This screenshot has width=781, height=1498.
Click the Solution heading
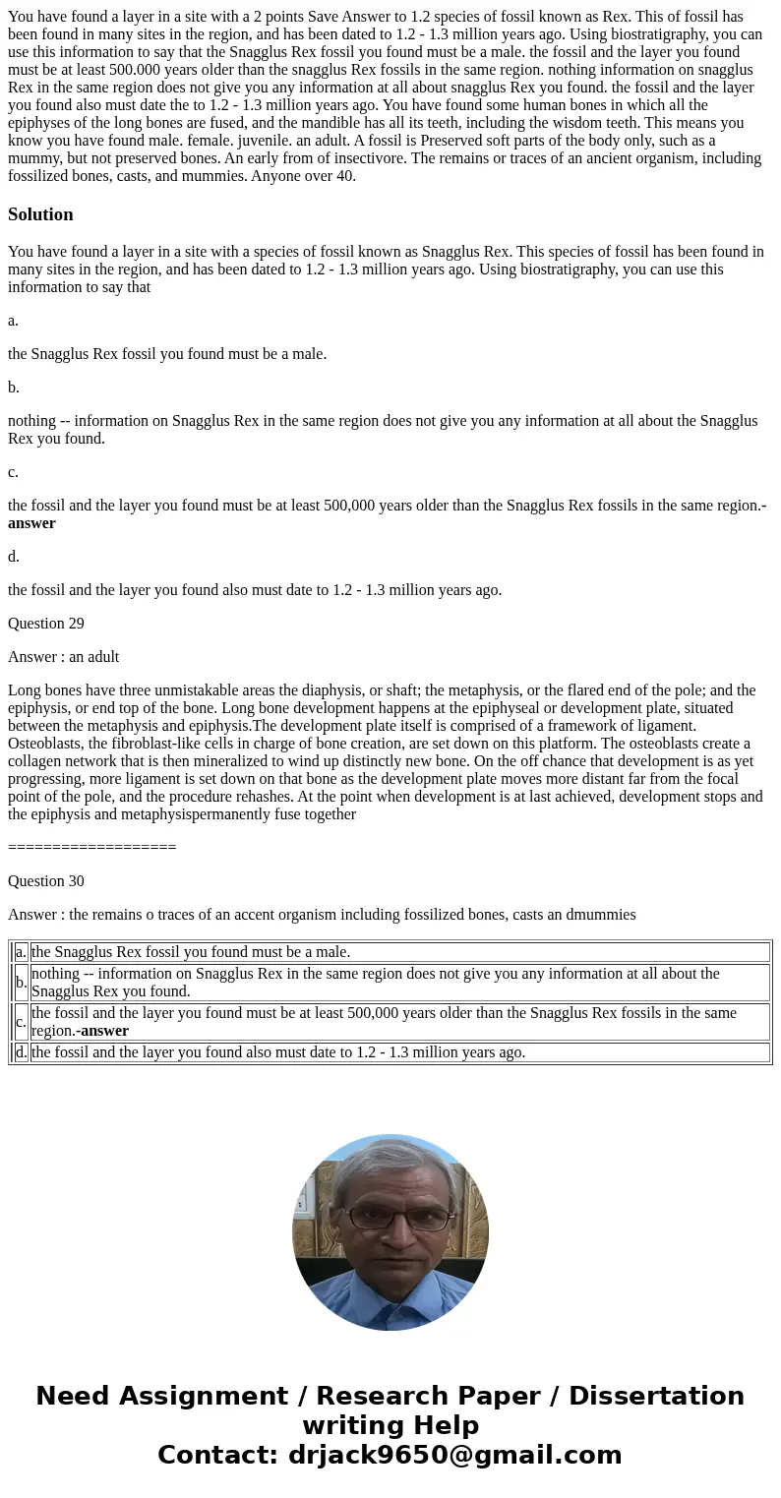coord(40,214)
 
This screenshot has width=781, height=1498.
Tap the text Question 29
coord(46,623)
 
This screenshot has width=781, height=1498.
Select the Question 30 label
coord(46,880)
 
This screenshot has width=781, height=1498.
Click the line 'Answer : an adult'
coord(64,656)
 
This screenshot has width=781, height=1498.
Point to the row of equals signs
coord(91,847)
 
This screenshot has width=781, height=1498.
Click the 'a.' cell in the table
coord(22,952)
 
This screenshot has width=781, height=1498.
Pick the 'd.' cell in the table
coord(22,1052)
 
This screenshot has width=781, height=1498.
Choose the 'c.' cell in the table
coord(22,1022)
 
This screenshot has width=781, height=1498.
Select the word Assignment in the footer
coord(203,1396)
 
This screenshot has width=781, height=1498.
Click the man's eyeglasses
coord(390,1219)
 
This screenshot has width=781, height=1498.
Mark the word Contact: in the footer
coord(218,1455)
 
